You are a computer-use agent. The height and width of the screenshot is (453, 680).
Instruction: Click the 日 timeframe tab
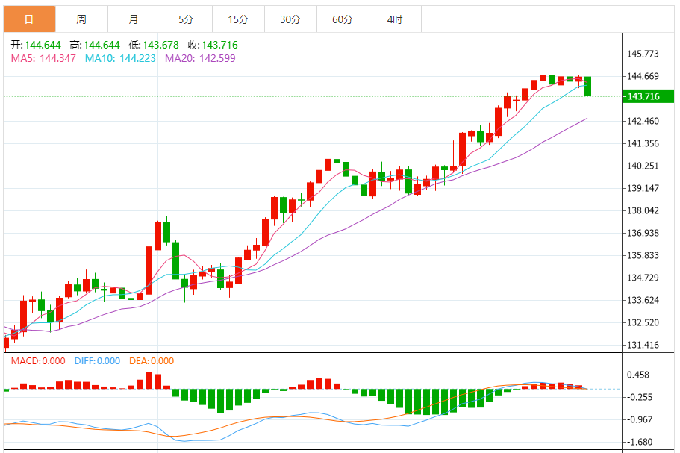coord(29,19)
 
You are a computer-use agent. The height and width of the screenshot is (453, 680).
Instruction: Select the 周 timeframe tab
coord(81,19)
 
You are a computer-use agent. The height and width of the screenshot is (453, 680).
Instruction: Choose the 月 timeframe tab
coord(133,19)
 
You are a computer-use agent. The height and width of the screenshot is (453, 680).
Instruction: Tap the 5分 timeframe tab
coord(186,19)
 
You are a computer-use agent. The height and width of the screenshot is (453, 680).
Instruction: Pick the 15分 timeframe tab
coord(238,19)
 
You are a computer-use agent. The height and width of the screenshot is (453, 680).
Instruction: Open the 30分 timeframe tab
coord(290,19)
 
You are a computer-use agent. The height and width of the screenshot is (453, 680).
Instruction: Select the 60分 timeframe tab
coord(343,19)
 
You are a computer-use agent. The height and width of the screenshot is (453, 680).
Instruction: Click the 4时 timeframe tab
coord(395,19)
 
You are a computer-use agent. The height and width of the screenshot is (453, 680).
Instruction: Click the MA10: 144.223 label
coord(120,58)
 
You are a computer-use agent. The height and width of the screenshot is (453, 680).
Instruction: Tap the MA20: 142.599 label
coord(200,58)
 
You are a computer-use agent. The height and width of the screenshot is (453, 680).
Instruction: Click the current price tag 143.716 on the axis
coord(644,96)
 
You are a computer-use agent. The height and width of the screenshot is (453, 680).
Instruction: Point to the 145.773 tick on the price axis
coord(644,54)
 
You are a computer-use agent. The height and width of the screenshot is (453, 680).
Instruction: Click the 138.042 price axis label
coord(644,210)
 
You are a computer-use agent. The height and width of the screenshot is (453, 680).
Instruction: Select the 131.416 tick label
coord(644,345)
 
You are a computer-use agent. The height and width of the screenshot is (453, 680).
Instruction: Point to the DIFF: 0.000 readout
coord(97,361)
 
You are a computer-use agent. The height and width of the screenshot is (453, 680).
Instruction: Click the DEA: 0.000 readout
coord(152,361)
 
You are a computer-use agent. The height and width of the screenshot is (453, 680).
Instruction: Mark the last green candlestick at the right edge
coord(588,86)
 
